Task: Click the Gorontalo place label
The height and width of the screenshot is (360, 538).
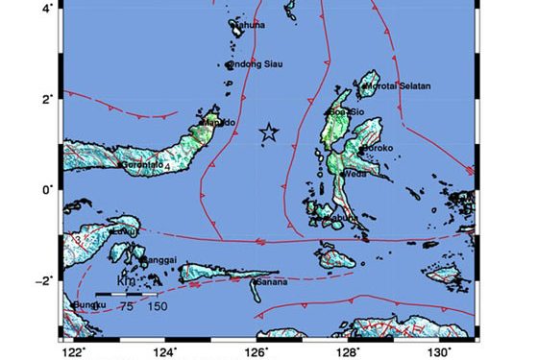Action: point(144,165)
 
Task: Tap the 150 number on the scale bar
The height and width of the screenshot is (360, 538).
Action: point(158,306)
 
